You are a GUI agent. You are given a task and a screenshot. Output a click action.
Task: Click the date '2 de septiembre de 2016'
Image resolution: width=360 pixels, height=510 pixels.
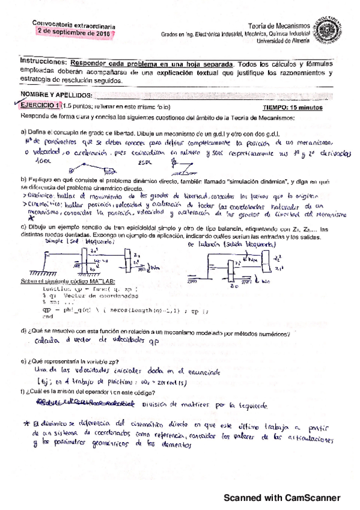pos(72,33)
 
